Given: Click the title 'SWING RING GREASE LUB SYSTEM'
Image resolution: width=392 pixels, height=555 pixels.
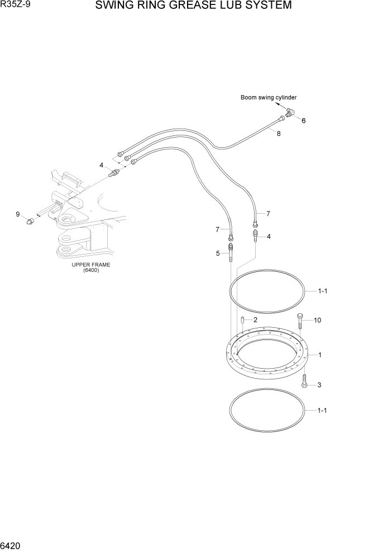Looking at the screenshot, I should (193, 6).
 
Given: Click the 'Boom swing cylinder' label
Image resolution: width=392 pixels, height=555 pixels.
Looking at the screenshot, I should (269, 97).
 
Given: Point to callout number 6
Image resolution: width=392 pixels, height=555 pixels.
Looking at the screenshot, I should (303, 120).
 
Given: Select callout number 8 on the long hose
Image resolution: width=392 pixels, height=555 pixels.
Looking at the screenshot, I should (278, 134).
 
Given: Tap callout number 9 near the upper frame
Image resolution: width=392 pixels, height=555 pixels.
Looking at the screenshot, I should (18, 214).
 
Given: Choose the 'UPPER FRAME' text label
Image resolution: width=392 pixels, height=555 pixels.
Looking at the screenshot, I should (91, 265).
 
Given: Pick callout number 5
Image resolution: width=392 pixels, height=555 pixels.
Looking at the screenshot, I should (218, 253).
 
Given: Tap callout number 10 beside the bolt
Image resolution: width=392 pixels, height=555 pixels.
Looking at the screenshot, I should (317, 321).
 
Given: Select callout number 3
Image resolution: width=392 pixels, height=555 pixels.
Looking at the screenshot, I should (319, 385).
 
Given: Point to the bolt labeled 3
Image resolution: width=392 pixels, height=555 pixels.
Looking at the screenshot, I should (304, 382).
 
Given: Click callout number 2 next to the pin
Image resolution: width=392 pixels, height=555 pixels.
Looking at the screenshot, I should (255, 320).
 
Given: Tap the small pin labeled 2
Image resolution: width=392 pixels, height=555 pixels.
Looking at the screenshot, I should (243, 320).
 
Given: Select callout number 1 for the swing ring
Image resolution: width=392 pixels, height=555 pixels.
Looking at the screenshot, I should (319, 355).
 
